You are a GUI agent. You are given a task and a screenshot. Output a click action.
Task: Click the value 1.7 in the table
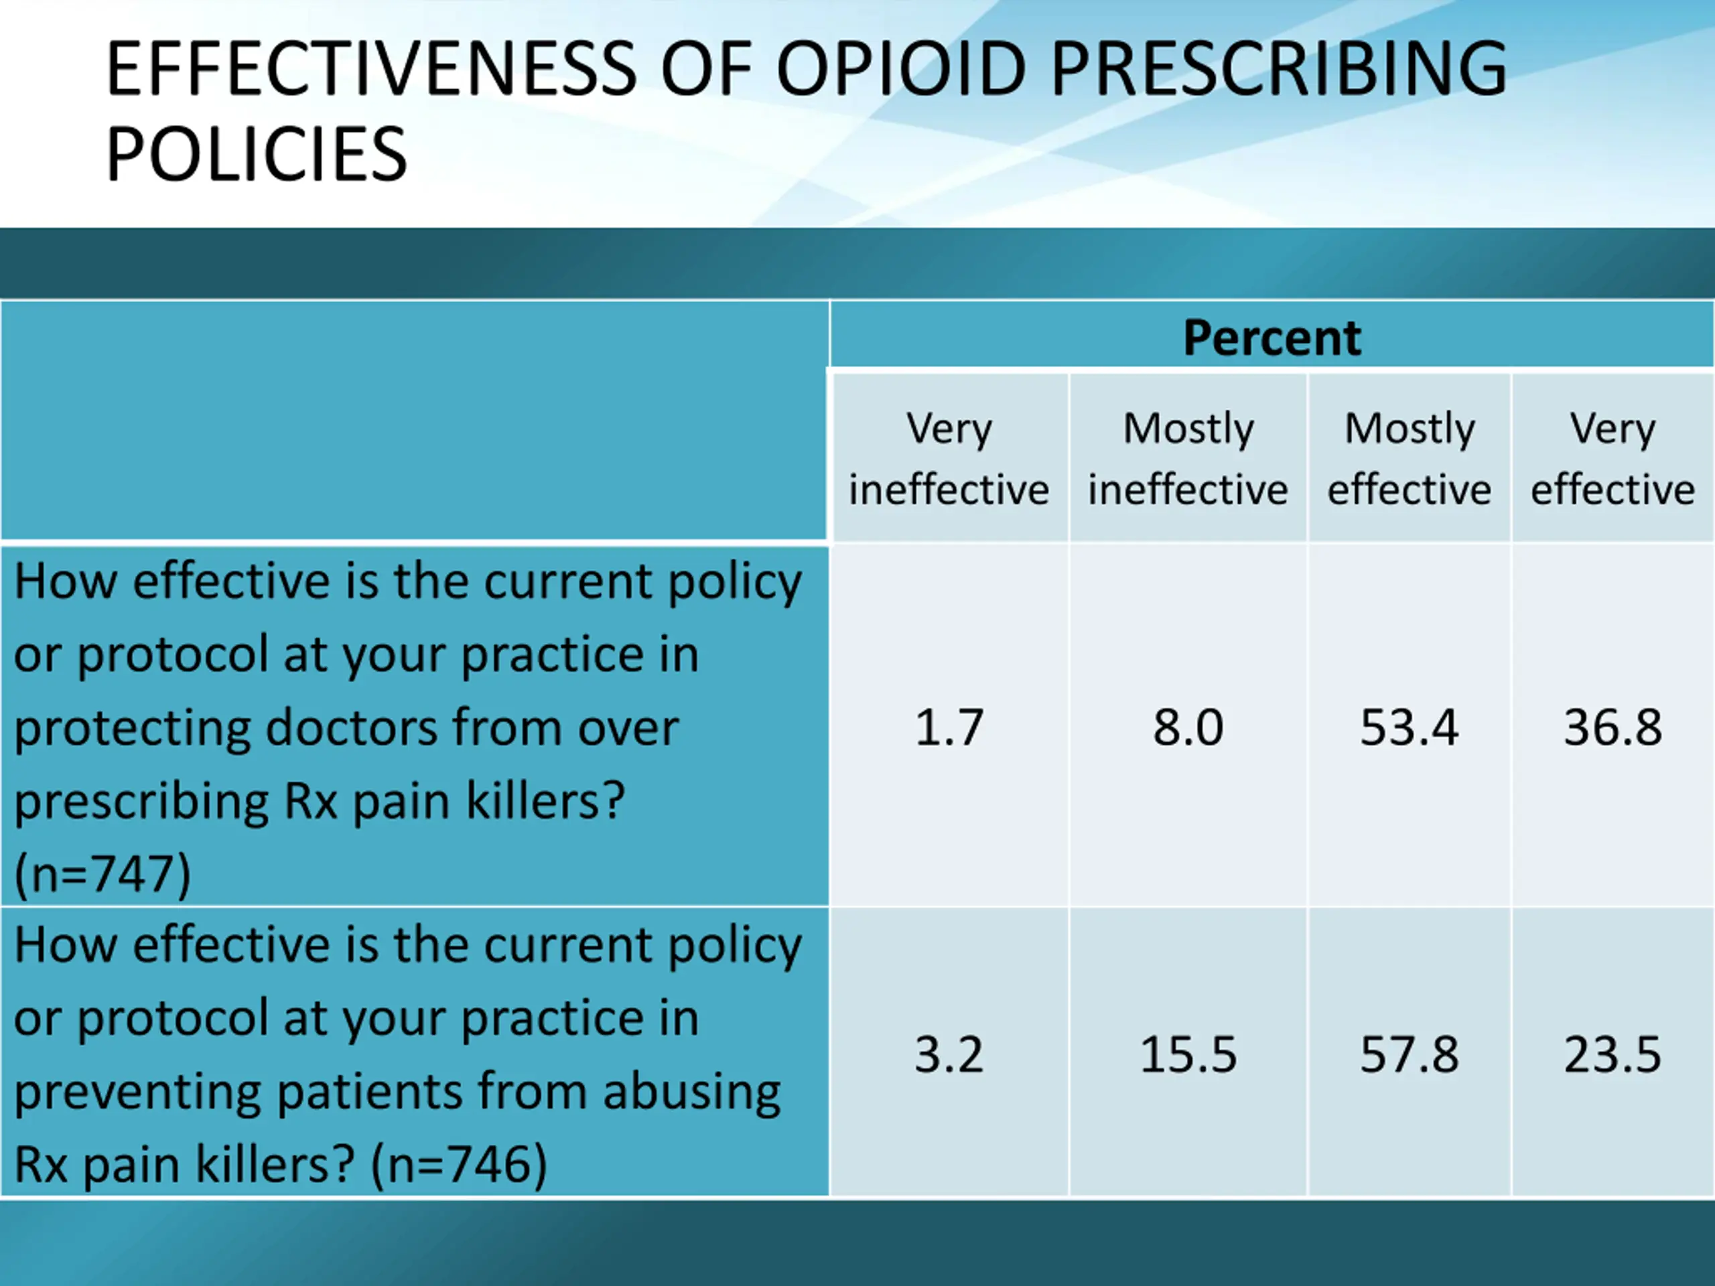point(949,727)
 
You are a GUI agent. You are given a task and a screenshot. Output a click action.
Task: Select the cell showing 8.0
point(1188,727)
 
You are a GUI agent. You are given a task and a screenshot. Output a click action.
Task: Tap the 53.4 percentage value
point(1409,727)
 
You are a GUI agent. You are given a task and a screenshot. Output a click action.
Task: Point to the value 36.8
point(1613,727)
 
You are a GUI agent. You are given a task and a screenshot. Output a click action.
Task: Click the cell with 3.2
point(949,1054)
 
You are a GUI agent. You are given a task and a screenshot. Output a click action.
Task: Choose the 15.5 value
point(1188,1054)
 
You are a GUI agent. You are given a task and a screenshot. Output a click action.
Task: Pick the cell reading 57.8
point(1409,1054)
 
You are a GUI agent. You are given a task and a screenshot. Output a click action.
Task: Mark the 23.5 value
point(1613,1054)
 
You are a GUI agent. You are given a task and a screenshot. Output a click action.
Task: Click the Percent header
point(1272,338)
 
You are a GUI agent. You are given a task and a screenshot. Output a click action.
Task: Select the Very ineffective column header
point(949,459)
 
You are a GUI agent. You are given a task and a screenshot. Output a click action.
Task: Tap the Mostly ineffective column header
point(1188,459)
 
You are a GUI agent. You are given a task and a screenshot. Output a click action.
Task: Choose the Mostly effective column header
point(1409,459)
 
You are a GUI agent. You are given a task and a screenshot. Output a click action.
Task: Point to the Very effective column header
point(1613,459)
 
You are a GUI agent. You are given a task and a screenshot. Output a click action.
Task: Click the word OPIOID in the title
point(901,70)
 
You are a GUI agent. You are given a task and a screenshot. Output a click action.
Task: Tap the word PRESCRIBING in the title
point(1278,70)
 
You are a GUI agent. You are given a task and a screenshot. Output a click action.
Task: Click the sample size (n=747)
point(102,874)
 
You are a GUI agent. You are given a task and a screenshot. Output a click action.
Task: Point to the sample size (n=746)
point(459,1163)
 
